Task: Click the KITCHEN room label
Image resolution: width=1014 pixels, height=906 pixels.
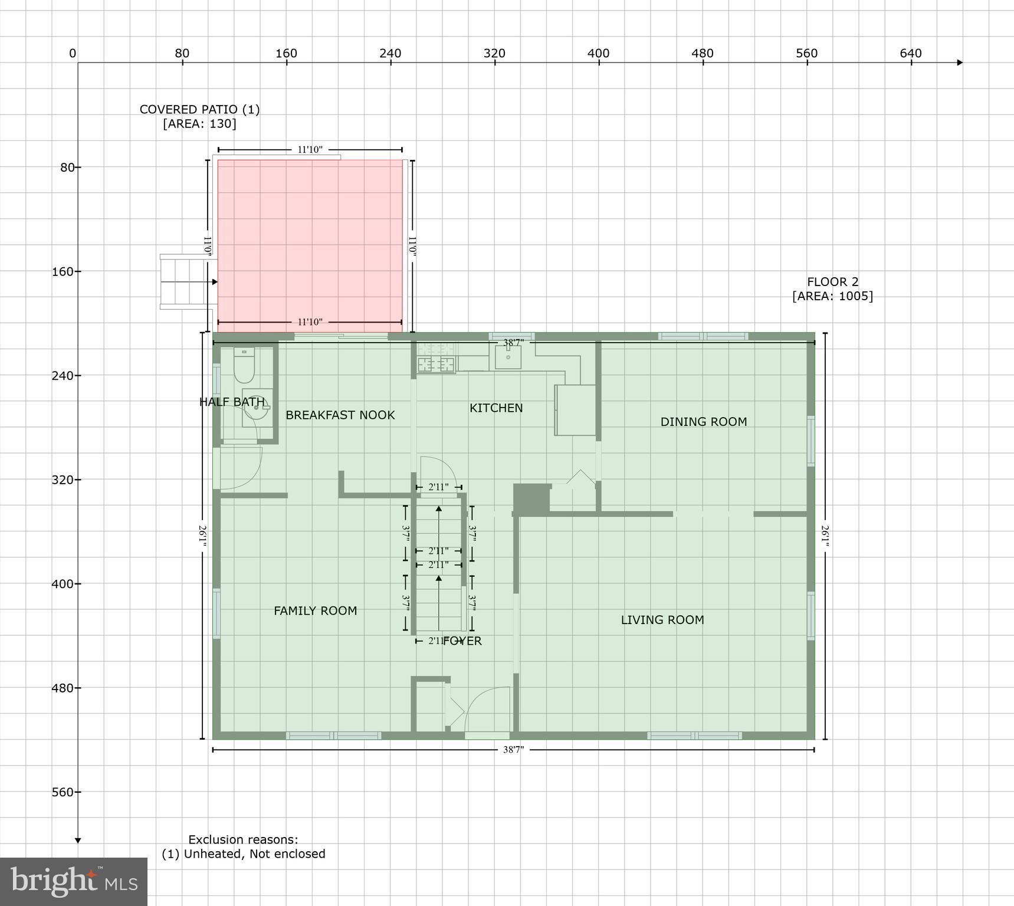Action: [495, 408]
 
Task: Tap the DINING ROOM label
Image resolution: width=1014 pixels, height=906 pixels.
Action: [703, 422]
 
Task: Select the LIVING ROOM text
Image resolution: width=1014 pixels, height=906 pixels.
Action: [662, 620]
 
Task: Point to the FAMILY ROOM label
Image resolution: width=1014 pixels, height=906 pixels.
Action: [315, 611]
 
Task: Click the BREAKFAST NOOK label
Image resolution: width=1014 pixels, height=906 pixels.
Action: [340, 415]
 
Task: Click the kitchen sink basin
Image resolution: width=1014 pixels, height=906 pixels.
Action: [508, 357]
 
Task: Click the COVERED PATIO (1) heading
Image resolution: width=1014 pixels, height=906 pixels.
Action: [199, 110]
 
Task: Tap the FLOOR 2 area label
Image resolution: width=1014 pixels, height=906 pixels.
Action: [832, 289]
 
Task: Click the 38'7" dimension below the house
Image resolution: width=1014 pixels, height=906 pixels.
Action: [513, 750]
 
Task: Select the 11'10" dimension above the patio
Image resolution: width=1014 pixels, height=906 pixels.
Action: [310, 150]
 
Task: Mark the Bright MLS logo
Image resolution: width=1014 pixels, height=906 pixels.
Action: [74, 881]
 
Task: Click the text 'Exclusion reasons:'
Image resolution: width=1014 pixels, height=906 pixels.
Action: [243, 839]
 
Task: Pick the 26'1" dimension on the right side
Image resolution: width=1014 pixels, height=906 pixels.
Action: [825, 536]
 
